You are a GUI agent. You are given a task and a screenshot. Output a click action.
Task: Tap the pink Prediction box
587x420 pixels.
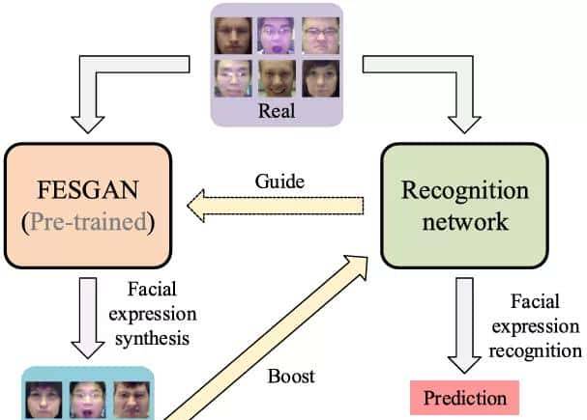(464, 397)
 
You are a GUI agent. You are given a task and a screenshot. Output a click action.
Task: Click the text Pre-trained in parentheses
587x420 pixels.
(88, 222)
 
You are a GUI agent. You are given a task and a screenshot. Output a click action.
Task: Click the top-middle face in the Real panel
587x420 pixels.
(279, 37)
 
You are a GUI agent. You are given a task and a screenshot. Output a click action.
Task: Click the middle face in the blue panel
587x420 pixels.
(90, 401)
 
